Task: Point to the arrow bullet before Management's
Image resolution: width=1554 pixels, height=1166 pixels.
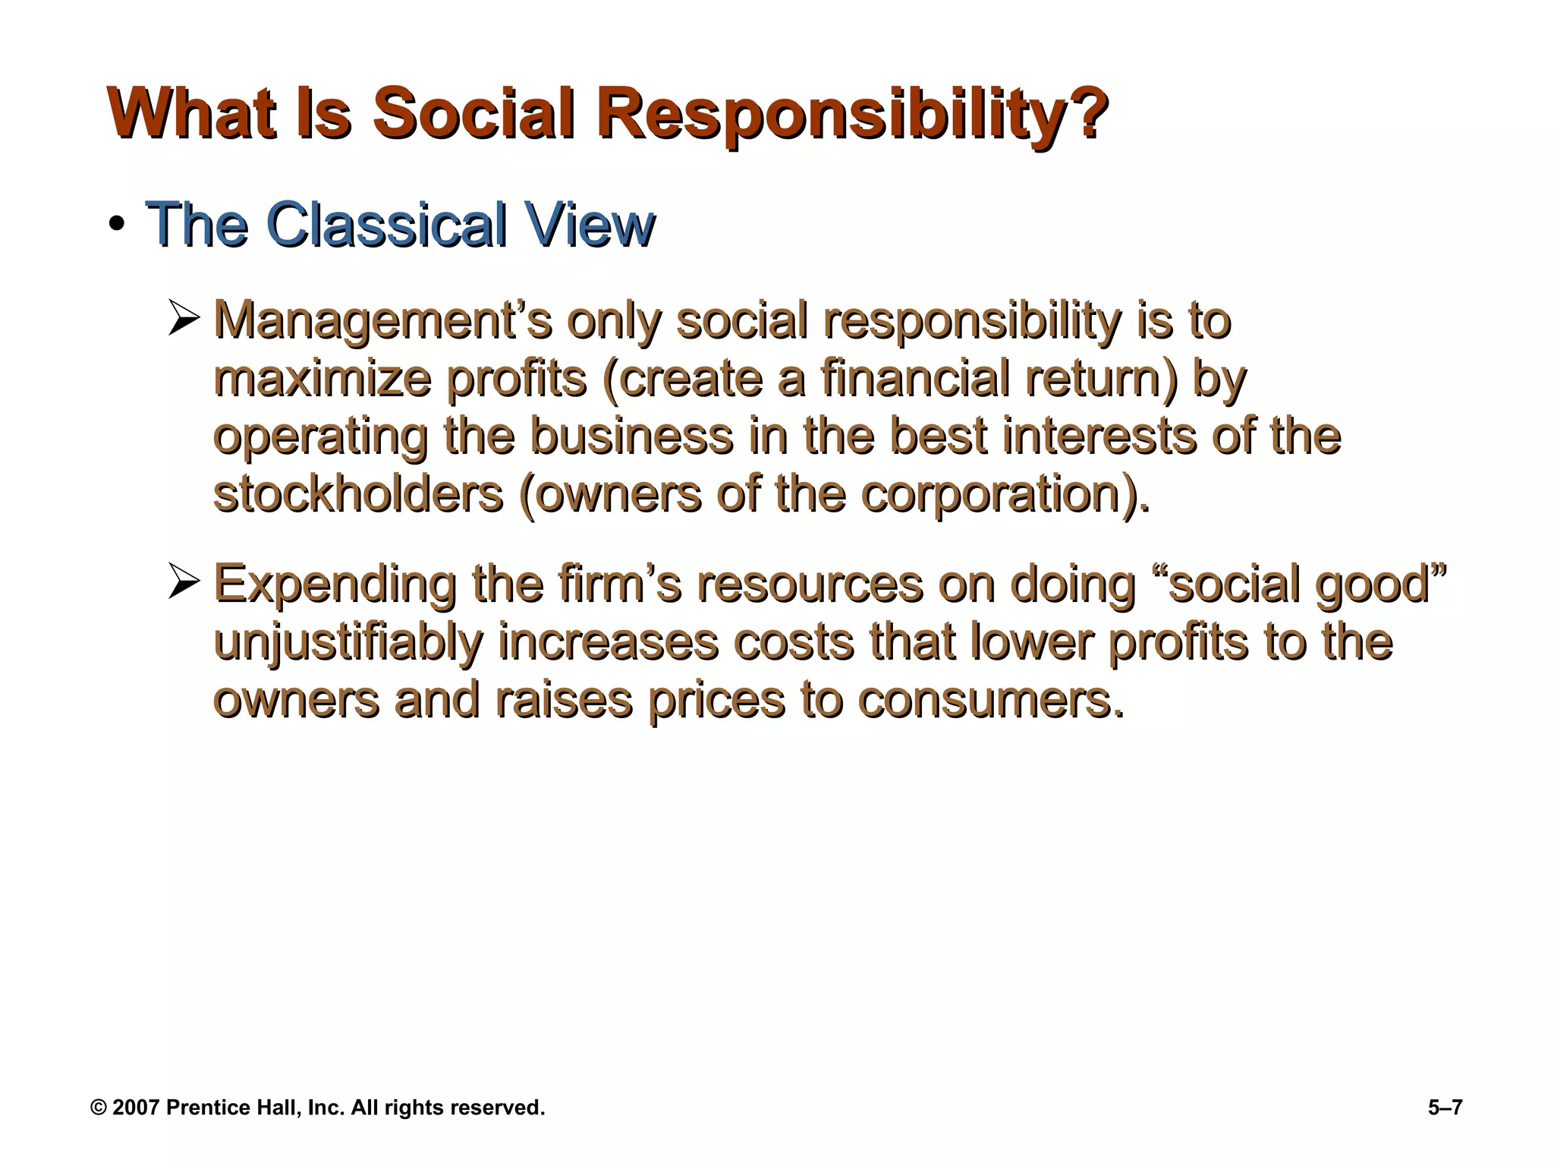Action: (183, 320)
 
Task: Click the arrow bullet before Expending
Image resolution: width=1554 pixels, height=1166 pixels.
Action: (183, 582)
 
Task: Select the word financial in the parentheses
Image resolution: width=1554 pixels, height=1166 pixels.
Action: (915, 378)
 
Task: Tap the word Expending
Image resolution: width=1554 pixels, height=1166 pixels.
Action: (335, 584)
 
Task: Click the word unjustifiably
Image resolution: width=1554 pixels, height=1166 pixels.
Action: (348, 642)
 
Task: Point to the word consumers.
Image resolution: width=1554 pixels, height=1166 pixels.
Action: (990, 699)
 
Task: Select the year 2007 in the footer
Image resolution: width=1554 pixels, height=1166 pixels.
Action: (137, 1108)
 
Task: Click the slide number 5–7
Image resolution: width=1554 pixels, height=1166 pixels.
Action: (1444, 1108)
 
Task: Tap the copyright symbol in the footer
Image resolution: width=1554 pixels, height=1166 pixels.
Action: (99, 1108)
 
